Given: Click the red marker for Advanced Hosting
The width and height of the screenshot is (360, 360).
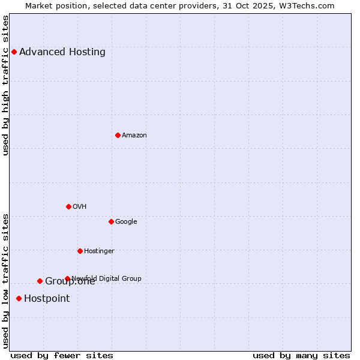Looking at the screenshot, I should pos(14,52).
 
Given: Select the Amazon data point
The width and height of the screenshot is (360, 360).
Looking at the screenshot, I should pos(118,135).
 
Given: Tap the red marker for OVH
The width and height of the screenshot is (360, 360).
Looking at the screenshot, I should pos(68,206).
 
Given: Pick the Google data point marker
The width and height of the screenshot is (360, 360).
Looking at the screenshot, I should pos(111,221).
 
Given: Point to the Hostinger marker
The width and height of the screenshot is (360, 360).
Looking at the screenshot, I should pos(80,251).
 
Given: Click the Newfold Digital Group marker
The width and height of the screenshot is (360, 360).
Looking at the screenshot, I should pos(67,278).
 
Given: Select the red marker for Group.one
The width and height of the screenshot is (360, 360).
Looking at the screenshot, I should pos(40,281).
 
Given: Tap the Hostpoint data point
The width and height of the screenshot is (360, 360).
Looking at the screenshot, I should pos(19,298).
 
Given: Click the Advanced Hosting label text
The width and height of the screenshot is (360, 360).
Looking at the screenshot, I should pos(62,52).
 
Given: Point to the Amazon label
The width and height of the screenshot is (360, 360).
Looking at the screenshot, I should pos(134,135).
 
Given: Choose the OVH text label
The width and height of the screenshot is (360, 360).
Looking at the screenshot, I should pos(80,206).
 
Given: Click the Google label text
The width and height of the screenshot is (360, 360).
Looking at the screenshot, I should pos(126,221).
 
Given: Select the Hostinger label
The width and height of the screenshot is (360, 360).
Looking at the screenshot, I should pos(99,251).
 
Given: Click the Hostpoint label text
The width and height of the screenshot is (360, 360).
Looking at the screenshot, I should pos(47,298).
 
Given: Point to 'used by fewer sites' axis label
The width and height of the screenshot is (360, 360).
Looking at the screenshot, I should pos(62,355).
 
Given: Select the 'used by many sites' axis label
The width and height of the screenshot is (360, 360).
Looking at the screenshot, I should pos(301,355).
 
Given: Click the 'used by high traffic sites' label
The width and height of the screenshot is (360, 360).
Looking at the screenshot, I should pos(6,85).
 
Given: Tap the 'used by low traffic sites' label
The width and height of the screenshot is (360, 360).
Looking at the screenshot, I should pos(6,280).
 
